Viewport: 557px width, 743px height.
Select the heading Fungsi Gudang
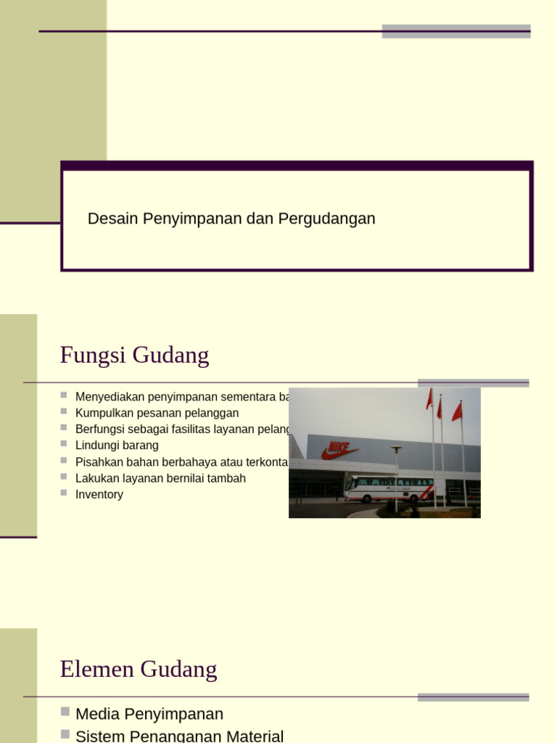[134, 356]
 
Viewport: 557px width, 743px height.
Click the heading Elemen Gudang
[138, 669]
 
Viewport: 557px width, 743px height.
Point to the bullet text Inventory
[99, 495]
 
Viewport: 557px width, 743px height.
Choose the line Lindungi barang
[117, 446]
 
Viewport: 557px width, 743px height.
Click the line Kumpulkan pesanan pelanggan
[157, 414]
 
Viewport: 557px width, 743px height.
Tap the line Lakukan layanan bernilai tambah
[160, 479]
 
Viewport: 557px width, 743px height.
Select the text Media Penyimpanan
[149, 714]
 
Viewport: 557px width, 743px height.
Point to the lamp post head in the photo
[396, 449]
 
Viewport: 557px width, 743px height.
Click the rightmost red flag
[457, 412]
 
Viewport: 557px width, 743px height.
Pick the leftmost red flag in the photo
[429, 398]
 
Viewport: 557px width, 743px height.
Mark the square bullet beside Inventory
[64, 493]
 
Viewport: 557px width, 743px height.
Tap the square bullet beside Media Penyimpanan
[65, 712]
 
